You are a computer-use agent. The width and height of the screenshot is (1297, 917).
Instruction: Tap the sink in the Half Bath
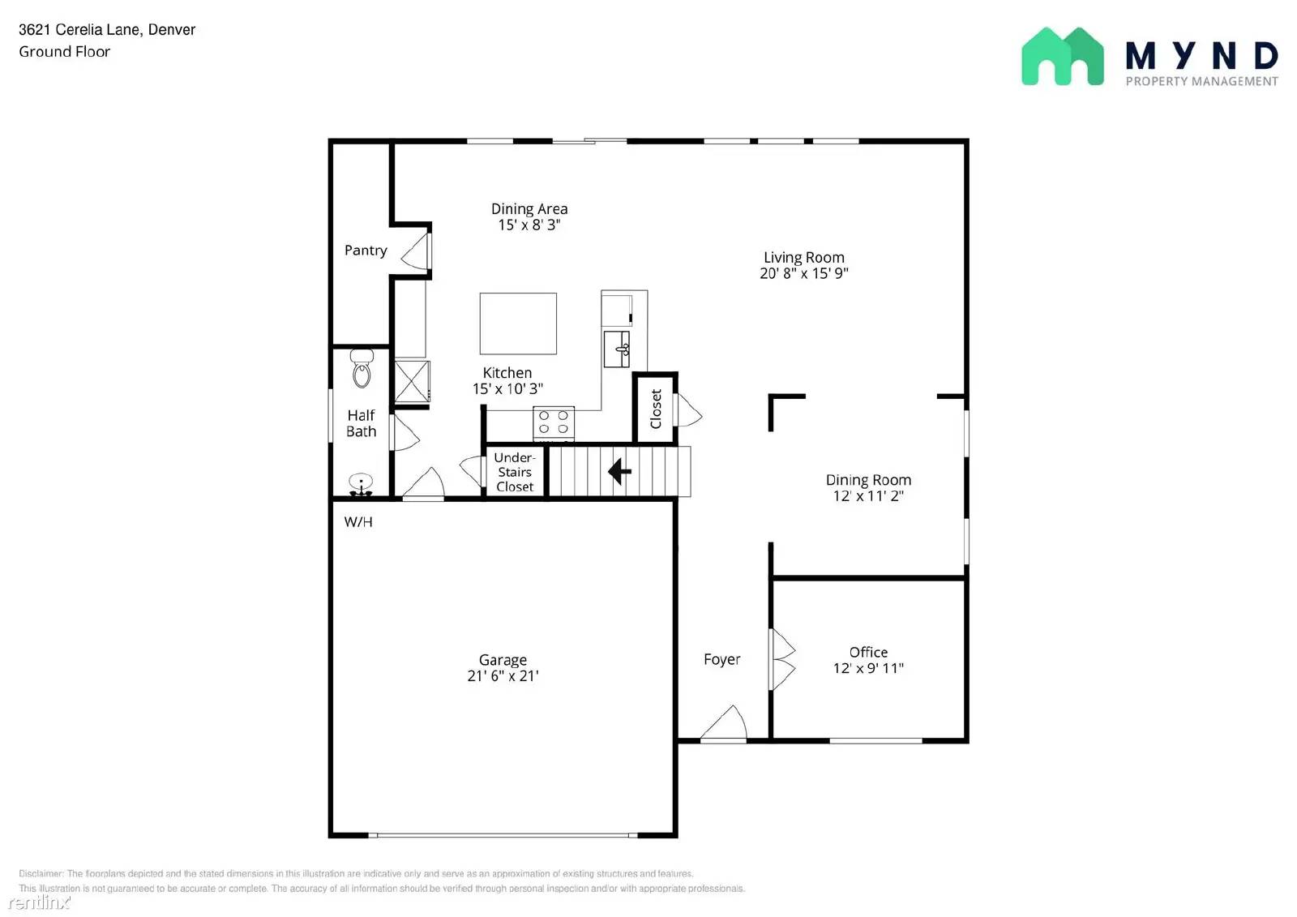361,484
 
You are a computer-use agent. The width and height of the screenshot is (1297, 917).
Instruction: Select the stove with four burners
554,423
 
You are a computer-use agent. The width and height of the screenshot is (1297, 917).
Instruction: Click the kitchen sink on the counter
617,349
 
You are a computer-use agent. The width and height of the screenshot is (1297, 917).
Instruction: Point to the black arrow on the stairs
619,470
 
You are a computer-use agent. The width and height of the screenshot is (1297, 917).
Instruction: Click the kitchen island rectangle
518,324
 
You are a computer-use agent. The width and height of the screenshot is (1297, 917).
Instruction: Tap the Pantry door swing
417,251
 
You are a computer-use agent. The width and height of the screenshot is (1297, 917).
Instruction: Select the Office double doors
782,660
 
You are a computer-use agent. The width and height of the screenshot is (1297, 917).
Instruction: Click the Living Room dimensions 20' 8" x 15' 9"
803,273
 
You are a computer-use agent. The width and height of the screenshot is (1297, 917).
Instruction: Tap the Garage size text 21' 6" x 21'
503,675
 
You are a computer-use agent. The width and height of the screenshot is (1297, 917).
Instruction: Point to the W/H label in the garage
358,522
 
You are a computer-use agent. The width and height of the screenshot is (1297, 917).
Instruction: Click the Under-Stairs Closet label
515,472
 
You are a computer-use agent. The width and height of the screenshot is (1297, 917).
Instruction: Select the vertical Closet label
656,409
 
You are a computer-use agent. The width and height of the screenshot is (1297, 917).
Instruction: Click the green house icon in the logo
1062,57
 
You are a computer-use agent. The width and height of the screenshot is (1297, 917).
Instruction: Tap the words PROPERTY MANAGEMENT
1201,81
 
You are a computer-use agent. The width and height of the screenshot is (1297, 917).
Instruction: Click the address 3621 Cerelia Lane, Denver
107,30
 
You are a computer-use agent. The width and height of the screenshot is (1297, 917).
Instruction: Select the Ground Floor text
64,52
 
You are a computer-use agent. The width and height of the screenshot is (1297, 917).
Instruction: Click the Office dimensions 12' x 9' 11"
868,668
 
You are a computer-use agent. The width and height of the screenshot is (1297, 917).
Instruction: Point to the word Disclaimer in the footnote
41,873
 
